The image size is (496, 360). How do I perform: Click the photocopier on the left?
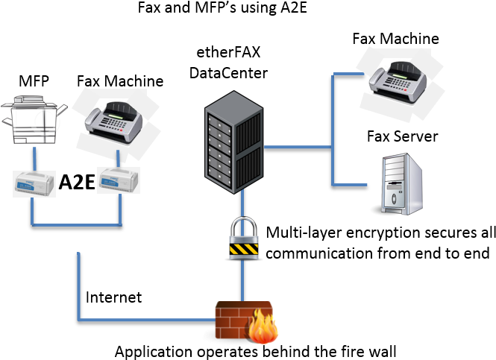[34, 121]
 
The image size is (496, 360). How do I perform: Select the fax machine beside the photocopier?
[118, 123]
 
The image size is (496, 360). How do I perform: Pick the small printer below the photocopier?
[34, 183]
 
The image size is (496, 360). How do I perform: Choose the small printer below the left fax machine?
[119, 180]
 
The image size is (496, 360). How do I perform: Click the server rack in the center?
[233, 142]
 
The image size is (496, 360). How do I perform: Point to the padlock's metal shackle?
[243, 225]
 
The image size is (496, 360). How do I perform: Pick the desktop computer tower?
[398, 184]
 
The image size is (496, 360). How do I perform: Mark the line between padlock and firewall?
[242, 280]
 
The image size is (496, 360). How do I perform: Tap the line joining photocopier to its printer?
[34, 161]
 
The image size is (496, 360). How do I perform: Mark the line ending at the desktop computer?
[351, 184]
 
